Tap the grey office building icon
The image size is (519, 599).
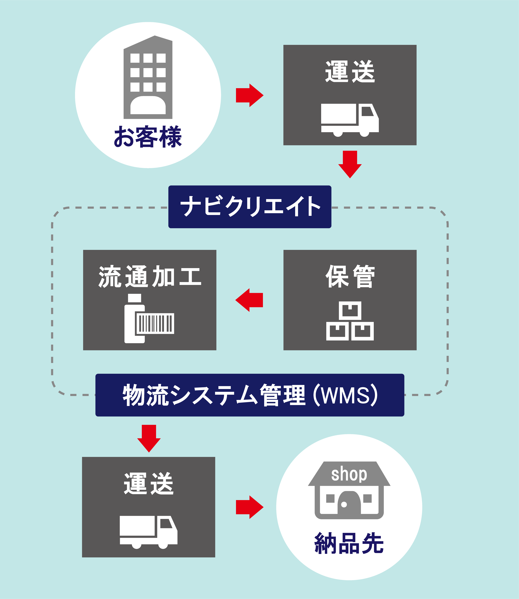click(148, 78)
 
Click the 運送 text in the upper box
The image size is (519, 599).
click(350, 72)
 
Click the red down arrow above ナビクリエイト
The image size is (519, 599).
click(350, 164)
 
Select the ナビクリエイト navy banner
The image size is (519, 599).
click(250, 207)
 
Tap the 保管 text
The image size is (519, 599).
click(350, 277)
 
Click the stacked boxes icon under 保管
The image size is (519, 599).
click(350, 321)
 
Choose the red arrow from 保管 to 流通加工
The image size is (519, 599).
click(249, 300)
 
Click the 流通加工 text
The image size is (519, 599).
click(150, 277)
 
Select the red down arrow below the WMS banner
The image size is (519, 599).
click(149, 438)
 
